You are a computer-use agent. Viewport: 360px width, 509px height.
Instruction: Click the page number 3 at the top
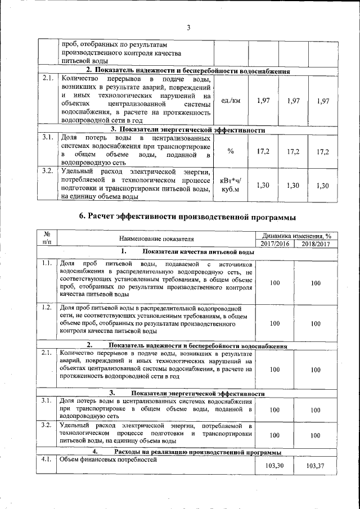tap(188, 28)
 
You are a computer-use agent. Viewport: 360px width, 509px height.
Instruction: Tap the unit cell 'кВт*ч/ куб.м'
tap(231, 186)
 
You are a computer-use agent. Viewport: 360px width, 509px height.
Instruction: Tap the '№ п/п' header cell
tap(47, 239)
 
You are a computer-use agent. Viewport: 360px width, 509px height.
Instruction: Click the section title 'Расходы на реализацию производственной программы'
tap(195, 452)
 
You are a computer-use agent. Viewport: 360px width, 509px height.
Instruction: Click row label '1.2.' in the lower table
tap(47, 307)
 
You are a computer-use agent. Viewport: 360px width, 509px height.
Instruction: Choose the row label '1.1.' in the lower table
tap(47, 263)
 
